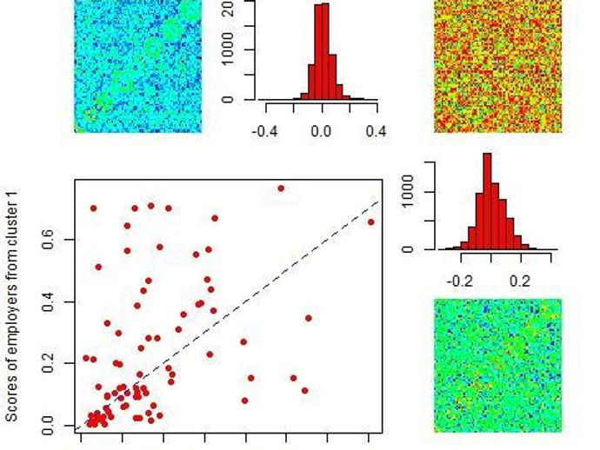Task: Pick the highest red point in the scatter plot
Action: (281, 189)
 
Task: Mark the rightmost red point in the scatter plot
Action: (371, 222)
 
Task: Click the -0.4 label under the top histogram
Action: (265, 131)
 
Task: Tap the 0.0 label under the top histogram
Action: (322, 131)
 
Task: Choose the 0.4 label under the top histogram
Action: (377, 131)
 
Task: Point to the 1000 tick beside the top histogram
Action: (228, 50)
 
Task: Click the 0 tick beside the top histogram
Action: (228, 99)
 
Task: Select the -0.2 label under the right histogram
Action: (461, 281)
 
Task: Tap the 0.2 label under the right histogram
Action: (520, 281)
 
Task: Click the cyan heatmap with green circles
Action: (138, 66)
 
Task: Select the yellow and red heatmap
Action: (497, 66)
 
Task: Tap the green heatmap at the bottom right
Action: (497, 365)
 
